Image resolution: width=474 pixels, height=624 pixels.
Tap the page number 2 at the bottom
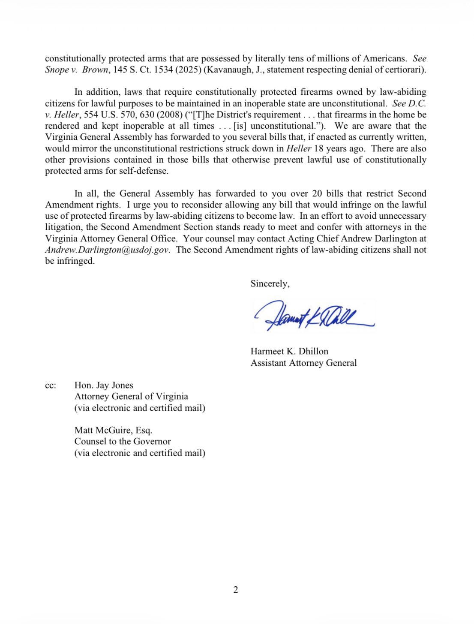(x=236, y=590)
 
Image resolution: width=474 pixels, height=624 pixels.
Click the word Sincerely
(x=270, y=283)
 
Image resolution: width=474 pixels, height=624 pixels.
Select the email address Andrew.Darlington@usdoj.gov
(x=108, y=250)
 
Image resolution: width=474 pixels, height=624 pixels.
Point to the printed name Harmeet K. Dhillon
(x=289, y=351)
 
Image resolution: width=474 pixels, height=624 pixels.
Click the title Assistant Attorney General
(x=303, y=363)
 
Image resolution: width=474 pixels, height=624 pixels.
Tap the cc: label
(x=51, y=386)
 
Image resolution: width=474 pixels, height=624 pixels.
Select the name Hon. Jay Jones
(x=104, y=385)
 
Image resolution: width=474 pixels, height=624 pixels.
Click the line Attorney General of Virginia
(x=131, y=397)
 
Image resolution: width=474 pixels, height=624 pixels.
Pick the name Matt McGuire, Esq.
(x=113, y=430)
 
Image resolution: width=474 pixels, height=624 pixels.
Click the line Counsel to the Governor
(x=123, y=441)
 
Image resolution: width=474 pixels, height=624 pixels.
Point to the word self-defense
(x=144, y=171)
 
